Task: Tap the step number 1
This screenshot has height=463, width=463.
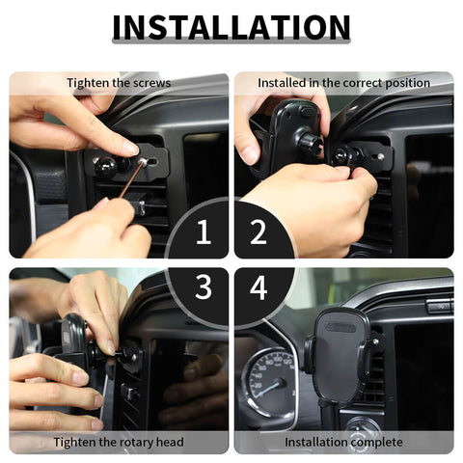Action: (204, 233)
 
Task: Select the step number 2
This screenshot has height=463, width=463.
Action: (259, 233)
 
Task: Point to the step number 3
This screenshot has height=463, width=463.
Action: (204, 287)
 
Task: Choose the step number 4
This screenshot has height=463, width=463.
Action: (259, 287)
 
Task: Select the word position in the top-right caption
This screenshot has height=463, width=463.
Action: (404, 83)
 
